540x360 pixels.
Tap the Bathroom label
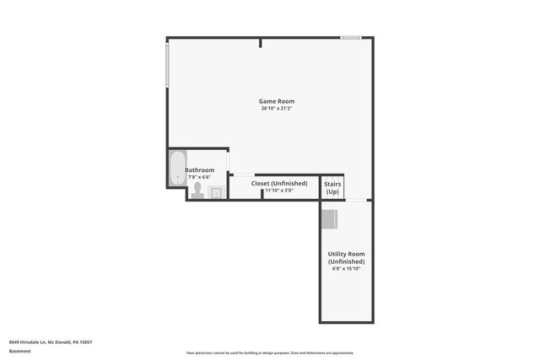[200, 169]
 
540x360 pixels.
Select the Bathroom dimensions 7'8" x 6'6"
[200, 176]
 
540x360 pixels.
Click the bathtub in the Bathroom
[177, 169]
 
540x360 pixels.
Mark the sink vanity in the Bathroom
[215, 193]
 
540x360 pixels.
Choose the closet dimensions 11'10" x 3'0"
[278, 191]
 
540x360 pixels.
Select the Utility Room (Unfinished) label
[346, 258]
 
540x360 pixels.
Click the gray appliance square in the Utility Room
[328, 218]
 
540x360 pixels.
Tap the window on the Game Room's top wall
[351, 38]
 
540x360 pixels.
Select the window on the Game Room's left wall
[167, 63]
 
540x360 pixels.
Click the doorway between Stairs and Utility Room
[357, 201]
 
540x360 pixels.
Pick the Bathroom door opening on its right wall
[229, 160]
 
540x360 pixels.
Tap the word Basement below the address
[20, 351]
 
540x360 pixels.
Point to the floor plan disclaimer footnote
[270, 353]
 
